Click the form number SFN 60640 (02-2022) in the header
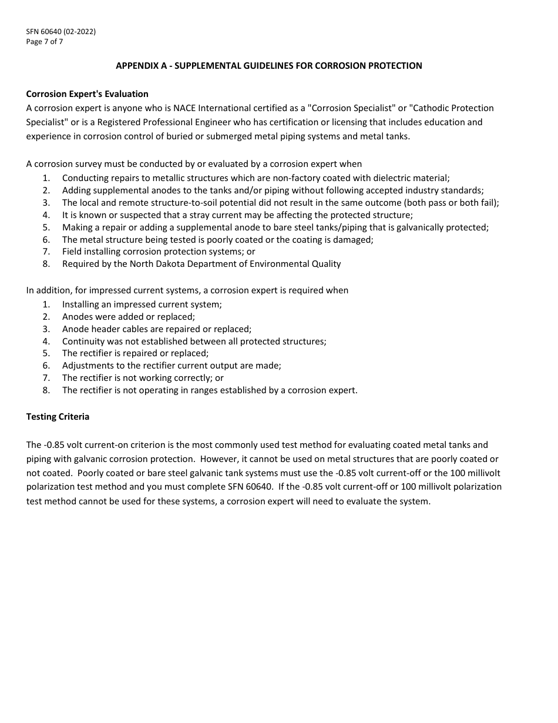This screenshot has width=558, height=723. [61, 32]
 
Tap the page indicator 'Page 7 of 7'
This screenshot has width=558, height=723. [45, 41]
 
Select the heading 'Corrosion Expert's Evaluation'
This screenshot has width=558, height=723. [88, 94]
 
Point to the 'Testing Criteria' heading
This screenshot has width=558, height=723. [58, 417]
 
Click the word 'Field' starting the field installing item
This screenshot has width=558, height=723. [72, 252]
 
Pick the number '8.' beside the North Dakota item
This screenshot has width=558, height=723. [46, 264]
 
